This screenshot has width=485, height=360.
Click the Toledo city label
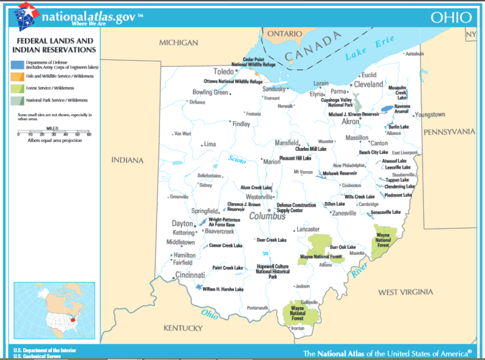(x=224, y=71)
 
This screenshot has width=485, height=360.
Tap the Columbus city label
(x=267, y=216)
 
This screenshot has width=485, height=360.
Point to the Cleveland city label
(x=369, y=84)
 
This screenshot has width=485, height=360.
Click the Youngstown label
(x=430, y=115)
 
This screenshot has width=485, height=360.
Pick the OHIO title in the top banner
(x=450, y=17)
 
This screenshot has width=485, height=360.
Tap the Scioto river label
(x=236, y=160)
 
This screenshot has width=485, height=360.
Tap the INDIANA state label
(x=127, y=161)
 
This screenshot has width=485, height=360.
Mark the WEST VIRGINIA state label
(x=406, y=292)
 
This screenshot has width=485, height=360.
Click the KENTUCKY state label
(x=183, y=328)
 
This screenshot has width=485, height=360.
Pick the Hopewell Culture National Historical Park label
(x=276, y=271)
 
